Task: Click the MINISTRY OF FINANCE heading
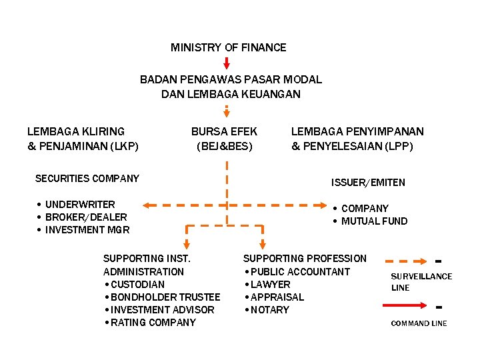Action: (228, 47)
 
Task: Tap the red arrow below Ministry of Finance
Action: (227, 63)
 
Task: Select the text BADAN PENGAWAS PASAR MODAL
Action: (231, 79)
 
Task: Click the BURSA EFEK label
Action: (224, 131)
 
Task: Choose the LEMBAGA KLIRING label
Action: (75, 131)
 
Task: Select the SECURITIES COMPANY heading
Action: (87, 178)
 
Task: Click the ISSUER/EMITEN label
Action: (368, 182)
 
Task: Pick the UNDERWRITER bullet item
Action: (80, 204)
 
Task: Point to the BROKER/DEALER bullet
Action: (86, 217)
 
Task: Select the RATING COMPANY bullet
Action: (153, 323)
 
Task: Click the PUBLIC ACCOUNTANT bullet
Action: (300, 271)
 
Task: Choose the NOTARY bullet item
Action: (270, 310)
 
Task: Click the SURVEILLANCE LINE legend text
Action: (421, 281)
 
